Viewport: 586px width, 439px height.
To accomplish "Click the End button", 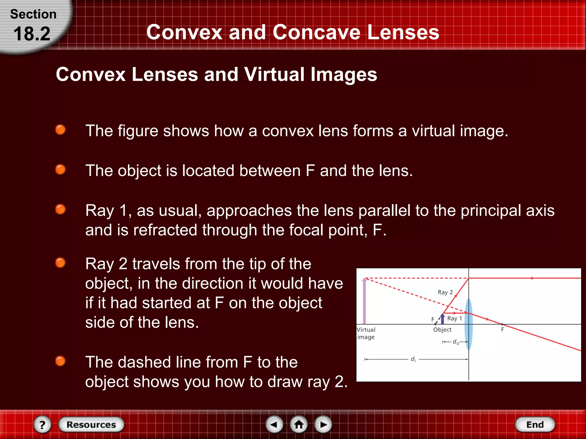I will click(535, 424).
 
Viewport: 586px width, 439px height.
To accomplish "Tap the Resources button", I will click(91, 424).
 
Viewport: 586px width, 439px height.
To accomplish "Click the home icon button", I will click(299, 424).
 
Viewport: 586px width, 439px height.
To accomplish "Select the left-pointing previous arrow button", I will click(274, 424).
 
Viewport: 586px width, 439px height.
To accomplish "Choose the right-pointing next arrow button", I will click(323, 424).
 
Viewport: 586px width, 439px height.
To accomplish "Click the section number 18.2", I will click(32, 34).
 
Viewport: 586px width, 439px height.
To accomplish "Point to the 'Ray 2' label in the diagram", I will click(445, 292).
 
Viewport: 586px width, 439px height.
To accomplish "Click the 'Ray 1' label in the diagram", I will click(454, 318).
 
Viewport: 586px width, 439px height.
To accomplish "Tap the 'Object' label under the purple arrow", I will click(442, 330).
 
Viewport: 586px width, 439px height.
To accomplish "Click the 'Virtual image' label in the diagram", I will click(366, 333).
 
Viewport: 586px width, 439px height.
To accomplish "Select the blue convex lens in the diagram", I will click(468, 324).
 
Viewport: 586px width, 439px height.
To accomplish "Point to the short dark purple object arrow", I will click(442, 319).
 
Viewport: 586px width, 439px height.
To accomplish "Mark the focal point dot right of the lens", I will click(502, 324).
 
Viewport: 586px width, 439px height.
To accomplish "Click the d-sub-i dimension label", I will click(413, 359).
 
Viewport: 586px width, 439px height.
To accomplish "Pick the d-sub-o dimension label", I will click(456, 342).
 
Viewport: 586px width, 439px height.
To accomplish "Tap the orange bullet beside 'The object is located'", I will click(60, 169).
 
